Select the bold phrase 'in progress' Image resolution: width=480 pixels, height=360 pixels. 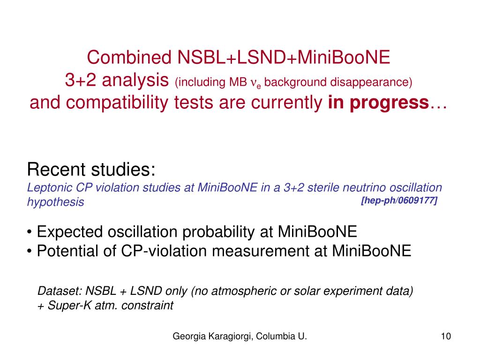tap(378, 102)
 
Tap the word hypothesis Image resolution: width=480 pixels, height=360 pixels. tap(56, 202)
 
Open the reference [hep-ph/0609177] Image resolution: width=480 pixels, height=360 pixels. tap(399, 201)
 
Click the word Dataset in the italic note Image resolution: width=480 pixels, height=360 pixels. tap(54, 292)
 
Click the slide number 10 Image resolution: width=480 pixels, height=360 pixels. tap(445, 336)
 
